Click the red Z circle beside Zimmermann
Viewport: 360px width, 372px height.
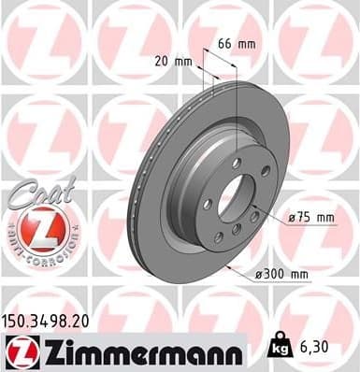[18, 351]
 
